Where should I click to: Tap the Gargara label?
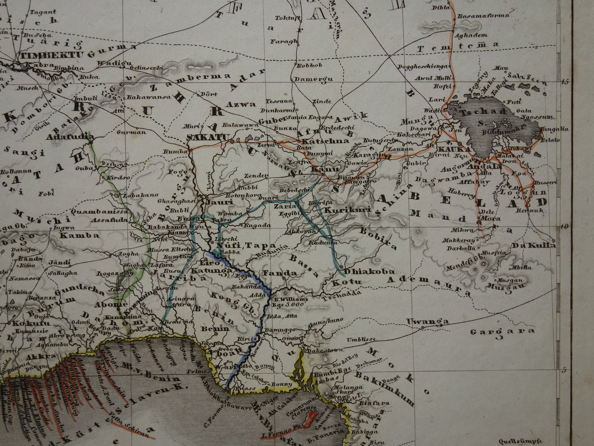pos(502,331)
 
